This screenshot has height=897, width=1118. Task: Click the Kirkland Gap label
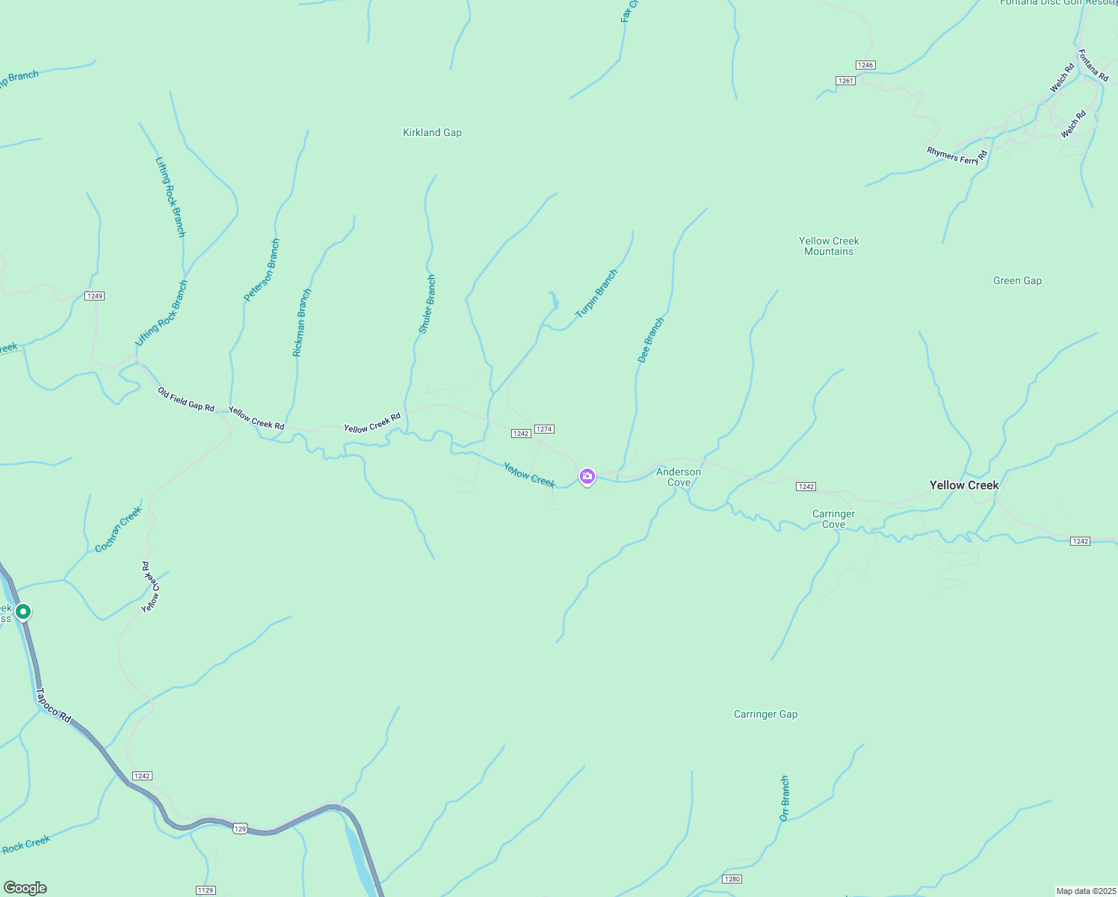pos(432,132)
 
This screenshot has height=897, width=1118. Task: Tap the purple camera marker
pos(587,476)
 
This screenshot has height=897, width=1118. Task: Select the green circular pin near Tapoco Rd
pos(23,611)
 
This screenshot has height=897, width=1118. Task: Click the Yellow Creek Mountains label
pos(829,246)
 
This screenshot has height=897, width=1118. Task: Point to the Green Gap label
pos(1017,280)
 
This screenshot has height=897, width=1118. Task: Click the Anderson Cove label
pos(679,477)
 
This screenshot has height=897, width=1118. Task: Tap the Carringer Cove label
pos(833,519)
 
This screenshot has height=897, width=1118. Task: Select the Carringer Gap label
pos(765,714)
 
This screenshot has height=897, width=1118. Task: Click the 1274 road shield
pos(544,429)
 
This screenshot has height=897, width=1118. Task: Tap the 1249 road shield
pos(94,296)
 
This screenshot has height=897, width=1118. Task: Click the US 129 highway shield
pos(239,828)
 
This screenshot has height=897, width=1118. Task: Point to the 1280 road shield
pos(732,878)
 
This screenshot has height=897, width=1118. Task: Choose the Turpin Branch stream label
pos(596,294)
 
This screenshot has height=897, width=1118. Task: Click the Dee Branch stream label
pos(650,341)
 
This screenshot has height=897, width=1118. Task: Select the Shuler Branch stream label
pos(427,304)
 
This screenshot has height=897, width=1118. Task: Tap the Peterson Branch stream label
pos(262,270)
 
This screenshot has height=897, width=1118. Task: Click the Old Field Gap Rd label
pos(186,399)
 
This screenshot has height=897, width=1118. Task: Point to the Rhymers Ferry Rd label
pos(957,155)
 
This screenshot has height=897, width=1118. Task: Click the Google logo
pos(25,888)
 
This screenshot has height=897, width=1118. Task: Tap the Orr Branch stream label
pos(784,798)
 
